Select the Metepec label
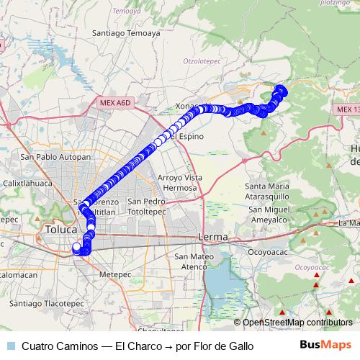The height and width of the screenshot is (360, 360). pos(116,274)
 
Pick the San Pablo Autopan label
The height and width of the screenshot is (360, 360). pos(55,156)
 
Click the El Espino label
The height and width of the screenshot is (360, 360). pos(186,136)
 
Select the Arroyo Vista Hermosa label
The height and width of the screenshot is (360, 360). pos(176,182)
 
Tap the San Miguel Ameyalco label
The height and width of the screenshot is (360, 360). pos(269,215)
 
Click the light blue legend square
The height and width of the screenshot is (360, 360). pos(10,346)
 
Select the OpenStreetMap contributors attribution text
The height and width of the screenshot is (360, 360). pos(297,323)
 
